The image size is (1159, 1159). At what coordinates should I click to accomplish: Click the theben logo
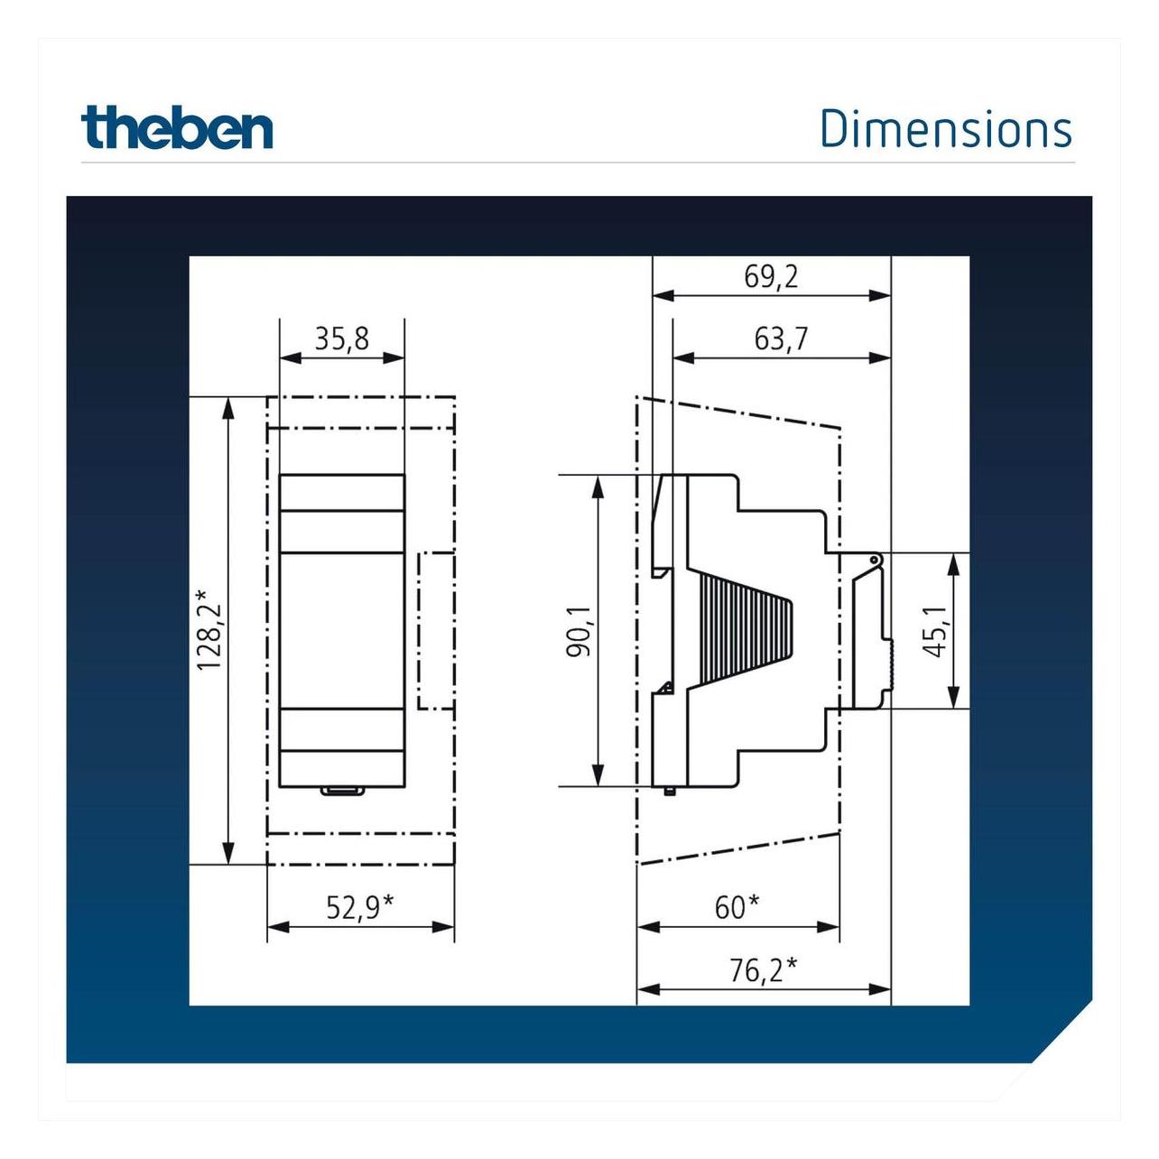pos(177,127)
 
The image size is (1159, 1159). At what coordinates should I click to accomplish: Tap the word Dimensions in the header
pos(946,129)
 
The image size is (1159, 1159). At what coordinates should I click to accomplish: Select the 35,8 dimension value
pos(341,339)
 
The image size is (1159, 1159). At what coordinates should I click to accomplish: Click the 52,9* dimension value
pos(359,907)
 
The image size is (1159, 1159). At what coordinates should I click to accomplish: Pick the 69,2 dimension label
pos(771,277)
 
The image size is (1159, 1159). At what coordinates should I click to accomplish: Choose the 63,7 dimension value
pos(782,339)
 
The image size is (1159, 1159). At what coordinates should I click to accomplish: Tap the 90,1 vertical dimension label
pos(581,632)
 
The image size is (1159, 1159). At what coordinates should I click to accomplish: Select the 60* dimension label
pos(737,907)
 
